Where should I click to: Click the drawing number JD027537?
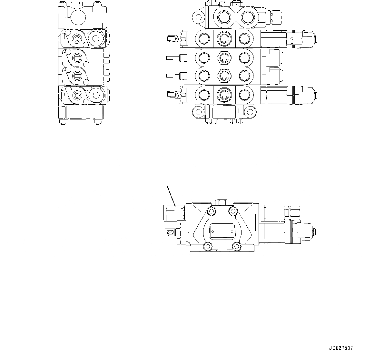[341, 348]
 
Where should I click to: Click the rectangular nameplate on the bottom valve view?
[222, 231]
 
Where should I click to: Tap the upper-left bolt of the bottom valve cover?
[212, 211]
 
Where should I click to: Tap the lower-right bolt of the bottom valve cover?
[237, 247]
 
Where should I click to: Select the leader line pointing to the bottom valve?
[171, 195]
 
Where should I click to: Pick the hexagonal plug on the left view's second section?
[96, 39]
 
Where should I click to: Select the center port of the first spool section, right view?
[224, 39]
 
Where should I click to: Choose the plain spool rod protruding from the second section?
[173, 58]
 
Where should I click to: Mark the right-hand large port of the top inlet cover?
[248, 17]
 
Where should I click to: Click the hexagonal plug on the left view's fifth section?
[96, 95]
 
